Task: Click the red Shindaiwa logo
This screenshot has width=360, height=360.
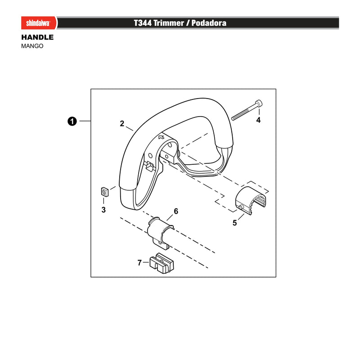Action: [39, 23]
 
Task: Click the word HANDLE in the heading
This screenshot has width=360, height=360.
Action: [37, 37]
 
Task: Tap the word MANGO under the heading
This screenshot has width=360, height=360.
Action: [32, 46]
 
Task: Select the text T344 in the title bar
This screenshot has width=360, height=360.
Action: [143, 23]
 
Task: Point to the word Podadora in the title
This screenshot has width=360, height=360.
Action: [209, 23]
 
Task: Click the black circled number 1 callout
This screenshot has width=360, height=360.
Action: [72, 121]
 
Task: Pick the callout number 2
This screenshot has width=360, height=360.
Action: [122, 124]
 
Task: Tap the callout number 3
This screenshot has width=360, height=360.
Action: [103, 210]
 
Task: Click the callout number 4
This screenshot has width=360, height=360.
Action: [258, 120]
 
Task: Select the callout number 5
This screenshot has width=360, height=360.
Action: [234, 223]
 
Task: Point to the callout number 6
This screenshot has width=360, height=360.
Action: [176, 211]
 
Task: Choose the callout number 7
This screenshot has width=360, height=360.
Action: [139, 262]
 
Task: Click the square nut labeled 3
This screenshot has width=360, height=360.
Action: [105, 192]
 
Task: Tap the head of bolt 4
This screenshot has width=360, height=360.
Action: [259, 103]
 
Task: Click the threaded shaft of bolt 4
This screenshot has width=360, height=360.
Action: [243, 113]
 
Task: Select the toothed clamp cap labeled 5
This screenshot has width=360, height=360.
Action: [250, 200]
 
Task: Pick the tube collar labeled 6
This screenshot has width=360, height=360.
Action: [160, 232]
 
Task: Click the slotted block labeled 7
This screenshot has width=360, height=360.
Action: [162, 263]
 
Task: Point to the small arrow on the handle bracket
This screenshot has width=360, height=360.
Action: [162, 137]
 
